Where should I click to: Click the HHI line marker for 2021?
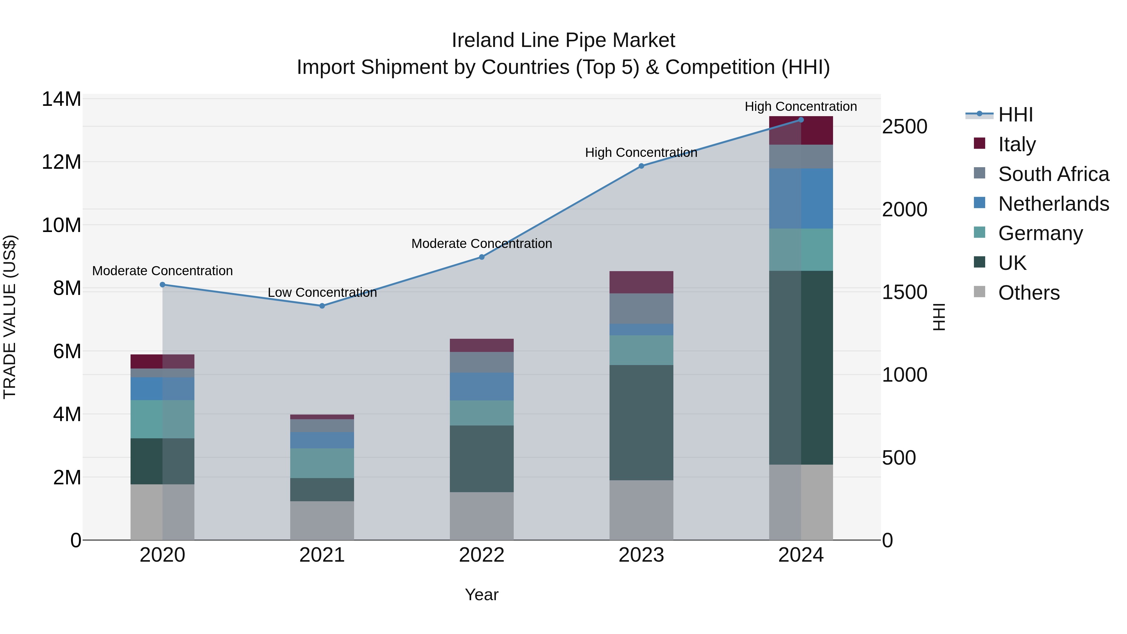[x=322, y=306]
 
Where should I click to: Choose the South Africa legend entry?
[x=1053, y=174]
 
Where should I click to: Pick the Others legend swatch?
[x=980, y=292]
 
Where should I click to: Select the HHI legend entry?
[x=1015, y=115]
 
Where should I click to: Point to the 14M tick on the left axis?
[x=61, y=99]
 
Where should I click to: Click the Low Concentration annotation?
[x=322, y=292]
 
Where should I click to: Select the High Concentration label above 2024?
[x=800, y=106]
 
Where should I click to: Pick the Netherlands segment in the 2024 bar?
[x=800, y=198]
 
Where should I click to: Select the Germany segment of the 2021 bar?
[x=322, y=463]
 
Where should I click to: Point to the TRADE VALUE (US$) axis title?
[x=10, y=317]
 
